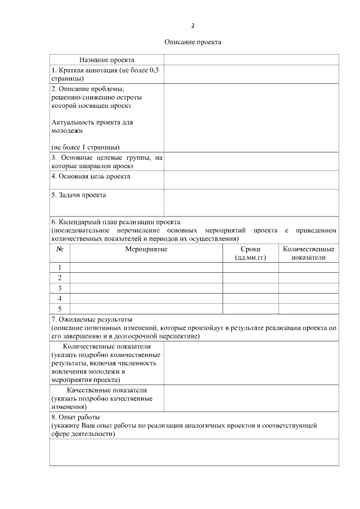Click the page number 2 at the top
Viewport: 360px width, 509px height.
[x=193, y=26]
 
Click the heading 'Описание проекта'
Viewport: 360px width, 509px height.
[x=193, y=42]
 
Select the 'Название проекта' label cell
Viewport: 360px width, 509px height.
[x=107, y=60]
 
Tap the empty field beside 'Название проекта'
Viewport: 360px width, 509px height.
[x=251, y=60]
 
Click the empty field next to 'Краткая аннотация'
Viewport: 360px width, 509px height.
[x=251, y=74]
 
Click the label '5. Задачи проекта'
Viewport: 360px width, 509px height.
[x=79, y=196]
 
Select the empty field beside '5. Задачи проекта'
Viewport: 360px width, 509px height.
[x=251, y=202]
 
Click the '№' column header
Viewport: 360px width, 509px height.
[x=60, y=249]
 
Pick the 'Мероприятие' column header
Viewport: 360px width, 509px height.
[x=146, y=249]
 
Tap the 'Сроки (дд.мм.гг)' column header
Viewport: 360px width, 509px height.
[x=250, y=253]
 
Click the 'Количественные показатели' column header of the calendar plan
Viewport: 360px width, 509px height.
[x=308, y=253]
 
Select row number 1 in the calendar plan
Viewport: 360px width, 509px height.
[x=60, y=268]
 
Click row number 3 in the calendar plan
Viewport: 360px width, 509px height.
[x=60, y=288]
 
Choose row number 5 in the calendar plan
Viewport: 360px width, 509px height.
[x=60, y=308]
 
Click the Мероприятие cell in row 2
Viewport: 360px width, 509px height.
[x=146, y=278]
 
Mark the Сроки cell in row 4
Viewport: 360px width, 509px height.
[x=250, y=298]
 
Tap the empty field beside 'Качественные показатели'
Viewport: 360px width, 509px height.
[x=251, y=398]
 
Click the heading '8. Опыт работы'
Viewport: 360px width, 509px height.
[x=75, y=418]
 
